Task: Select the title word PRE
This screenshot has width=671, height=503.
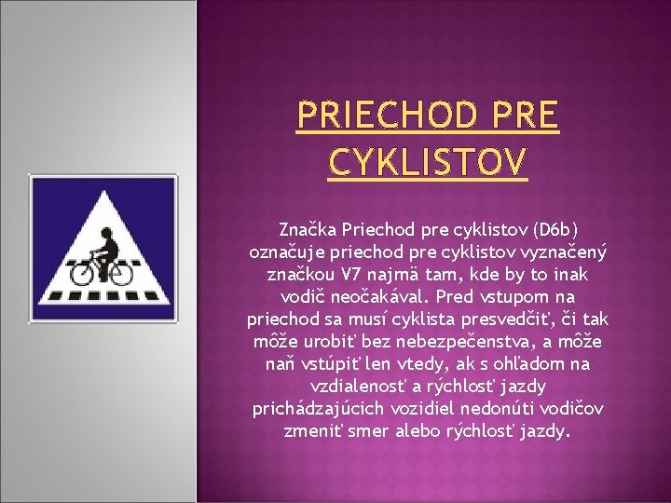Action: coord(521,116)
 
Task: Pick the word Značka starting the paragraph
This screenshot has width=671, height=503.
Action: coord(308,228)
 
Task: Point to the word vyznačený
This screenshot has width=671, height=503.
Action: coord(564,251)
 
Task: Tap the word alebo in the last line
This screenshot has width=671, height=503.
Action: coord(421,432)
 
